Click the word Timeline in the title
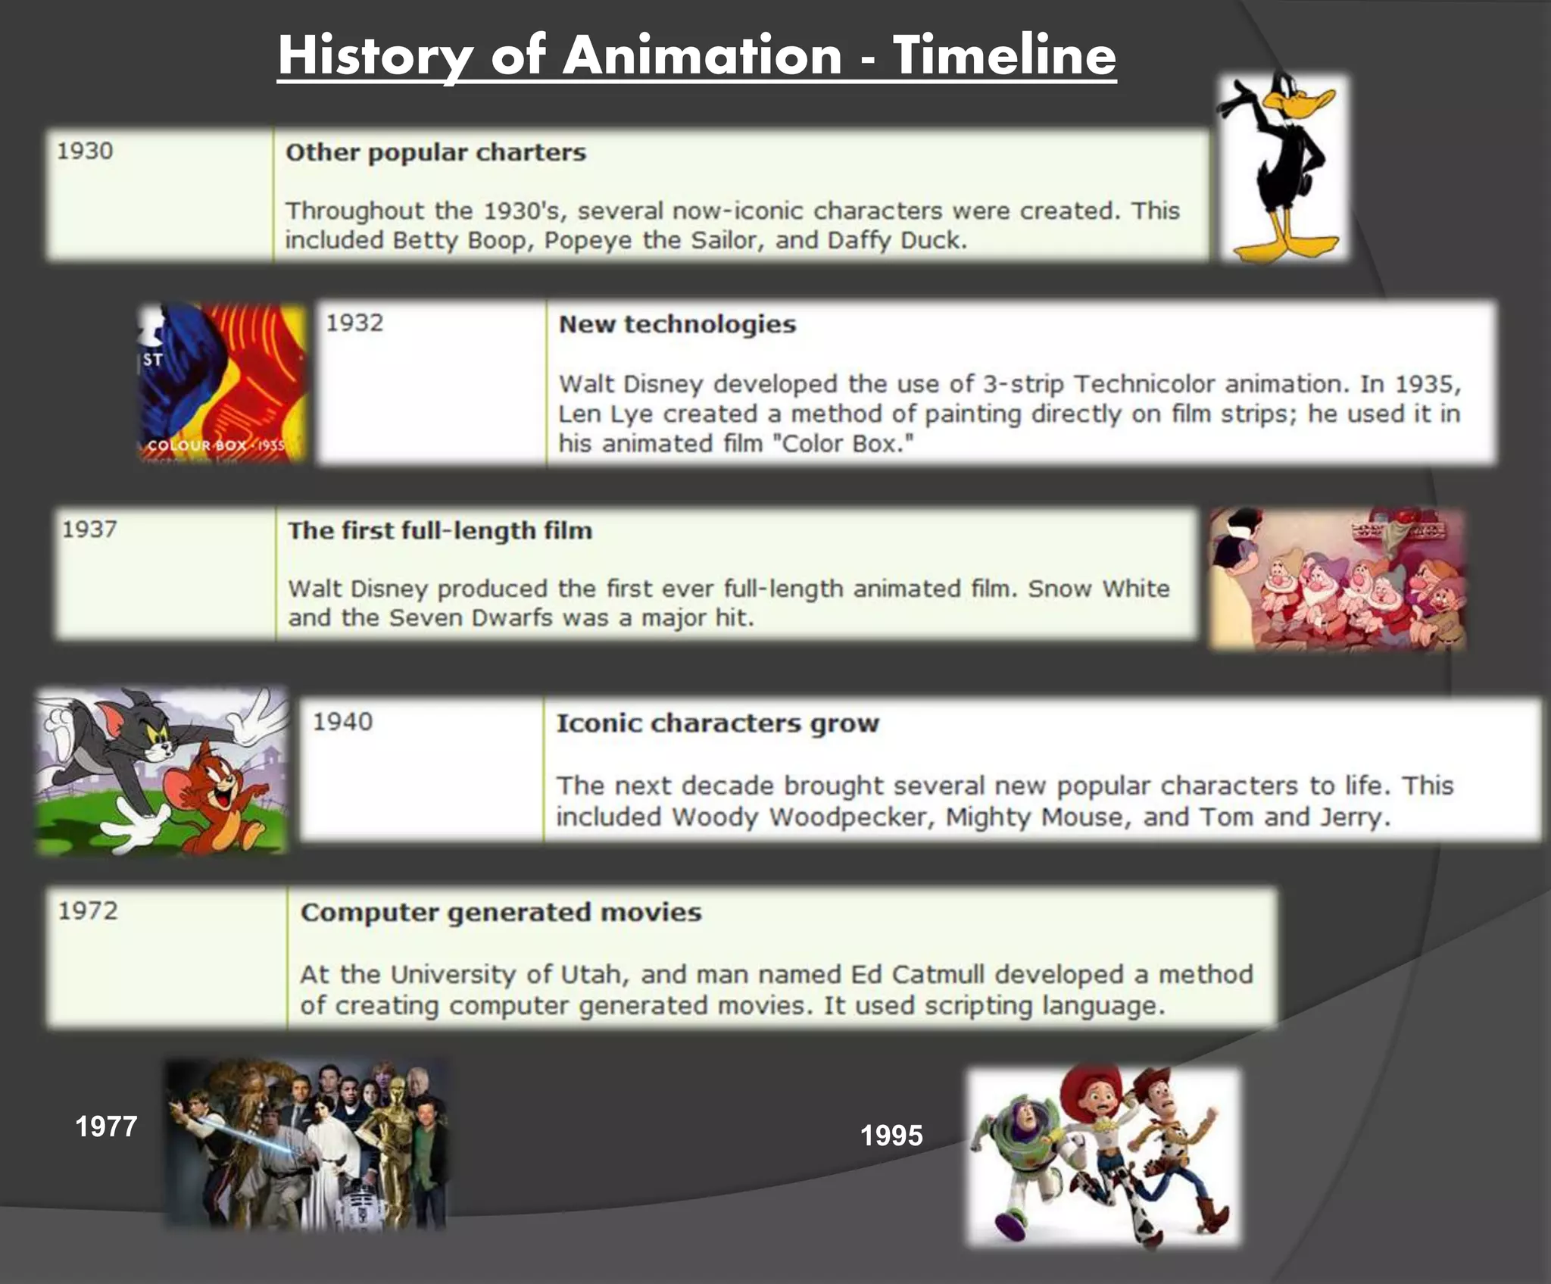[x=1004, y=56]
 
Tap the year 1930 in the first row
[x=85, y=151]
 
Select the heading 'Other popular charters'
[x=435, y=152]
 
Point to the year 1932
[x=354, y=323]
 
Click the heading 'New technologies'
[x=677, y=324]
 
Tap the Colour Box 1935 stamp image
[x=222, y=383]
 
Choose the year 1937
[x=89, y=529]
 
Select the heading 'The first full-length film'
[x=439, y=530]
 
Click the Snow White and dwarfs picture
[x=1337, y=579]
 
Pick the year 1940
[x=342, y=721]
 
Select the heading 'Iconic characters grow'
[x=717, y=723]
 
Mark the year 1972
[x=88, y=910]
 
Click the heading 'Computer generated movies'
[x=501, y=912]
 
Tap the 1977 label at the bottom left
[x=106, y=1126]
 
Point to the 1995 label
[x=891, y=1136]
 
